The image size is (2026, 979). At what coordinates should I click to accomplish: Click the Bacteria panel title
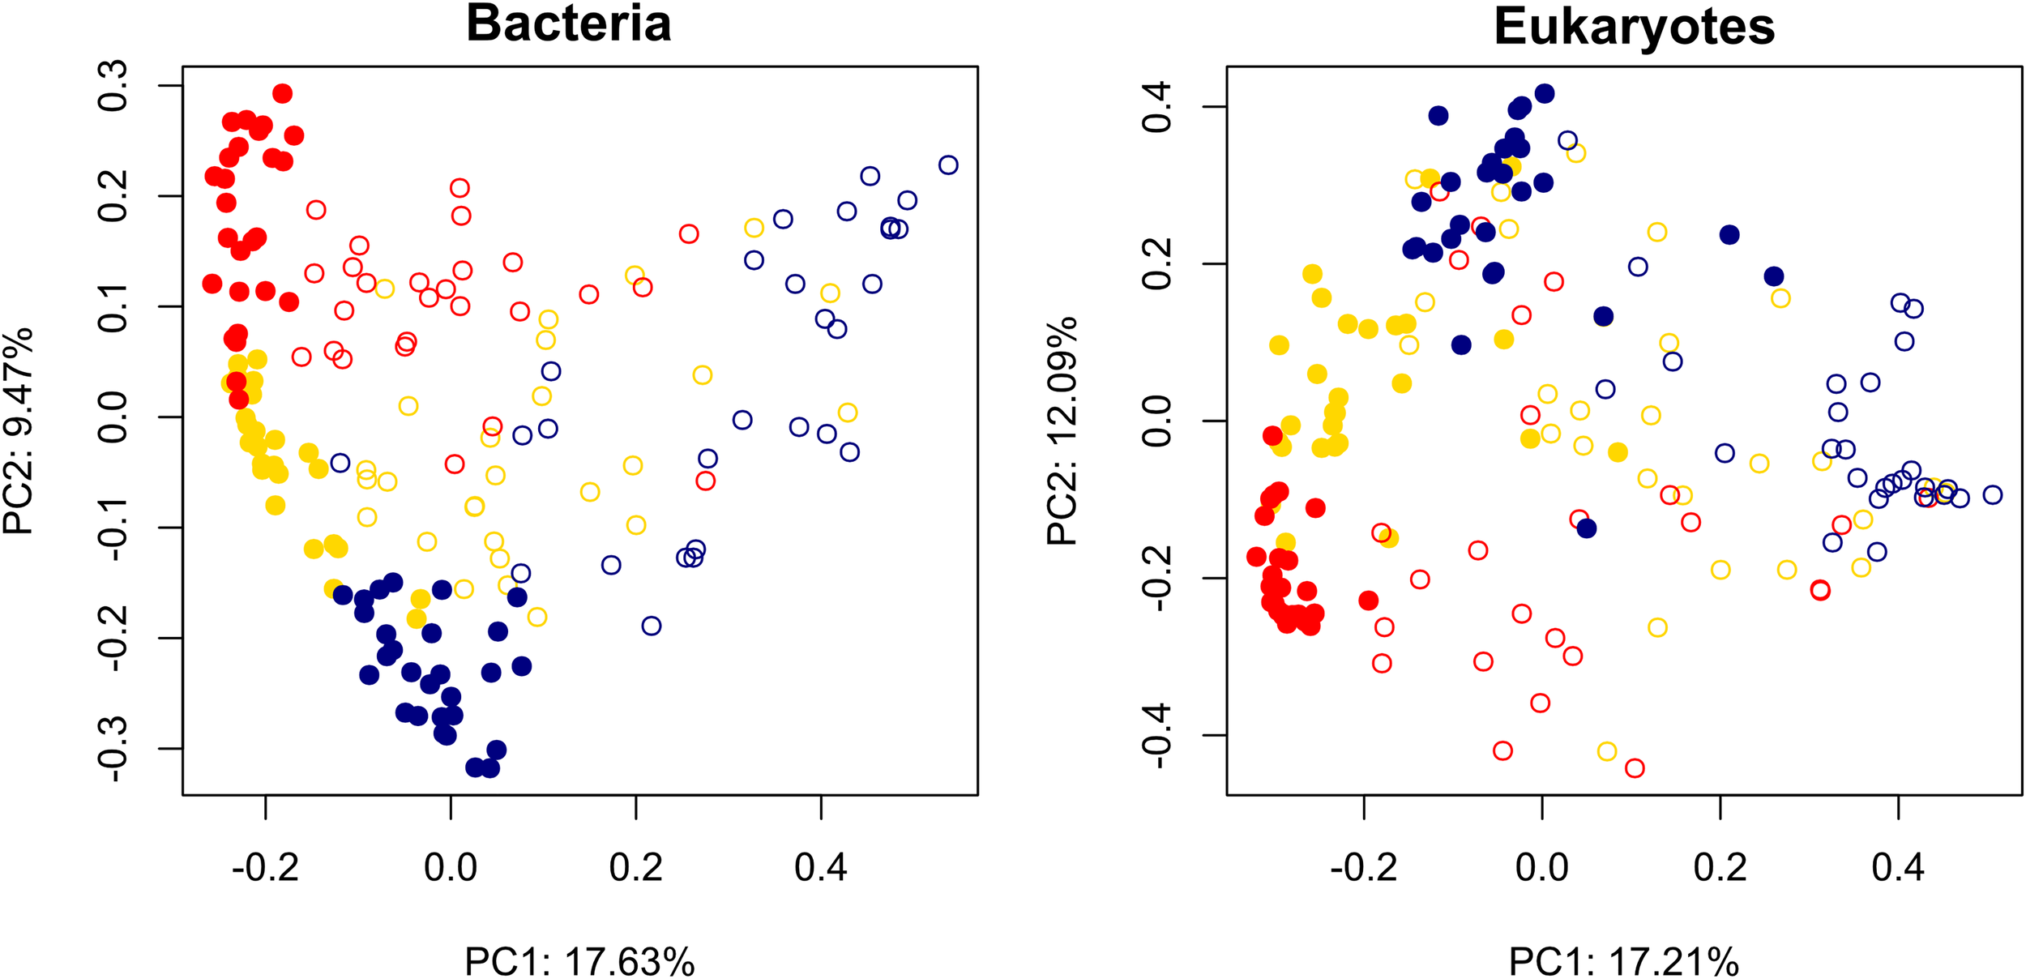(568, 24)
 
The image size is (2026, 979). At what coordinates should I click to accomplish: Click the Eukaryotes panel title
(1634, 27)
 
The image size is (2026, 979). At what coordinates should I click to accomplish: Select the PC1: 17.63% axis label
(579, 962)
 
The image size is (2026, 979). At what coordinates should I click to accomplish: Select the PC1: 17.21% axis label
(1623, 962)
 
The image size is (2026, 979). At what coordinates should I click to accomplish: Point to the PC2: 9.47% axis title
(18, 430)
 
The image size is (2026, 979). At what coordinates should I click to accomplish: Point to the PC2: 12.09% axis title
(1062, 430)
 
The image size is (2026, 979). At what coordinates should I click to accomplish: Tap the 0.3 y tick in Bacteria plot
(113, 85)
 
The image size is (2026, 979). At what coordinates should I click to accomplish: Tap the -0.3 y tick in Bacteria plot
(113, 749)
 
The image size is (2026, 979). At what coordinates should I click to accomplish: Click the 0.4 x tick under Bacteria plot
(820, 868)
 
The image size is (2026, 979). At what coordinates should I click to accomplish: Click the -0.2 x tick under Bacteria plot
(265, 868)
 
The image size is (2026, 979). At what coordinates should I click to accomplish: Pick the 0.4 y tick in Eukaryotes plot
(1156, 106)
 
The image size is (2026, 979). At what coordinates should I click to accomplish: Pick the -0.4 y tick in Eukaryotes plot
(1156, 735)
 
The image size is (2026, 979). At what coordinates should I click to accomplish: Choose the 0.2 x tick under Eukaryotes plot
(1720, 868)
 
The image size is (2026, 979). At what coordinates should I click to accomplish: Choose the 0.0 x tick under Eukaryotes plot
(1541, 868)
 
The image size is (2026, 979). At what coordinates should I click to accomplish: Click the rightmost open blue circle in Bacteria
(948, 165)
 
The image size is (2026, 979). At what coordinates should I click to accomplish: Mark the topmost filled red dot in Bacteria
(282, 94)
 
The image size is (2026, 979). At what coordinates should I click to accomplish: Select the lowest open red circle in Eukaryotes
(1635, 768)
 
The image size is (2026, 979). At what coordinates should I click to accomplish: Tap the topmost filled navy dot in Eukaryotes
(1545, 94)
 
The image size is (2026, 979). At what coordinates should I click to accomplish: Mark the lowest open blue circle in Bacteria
(651, 626)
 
